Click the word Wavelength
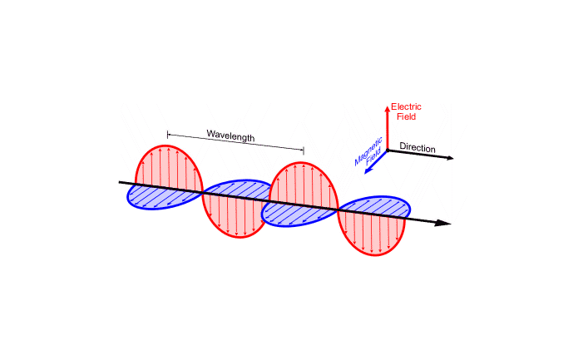tap(230, 136)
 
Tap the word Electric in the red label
tap(406, 107)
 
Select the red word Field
tap(406, 116)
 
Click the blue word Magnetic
tap(368, 151)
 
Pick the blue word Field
tap(373, 157)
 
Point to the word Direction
tap(418, 147)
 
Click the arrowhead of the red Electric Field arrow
tap(388, 109)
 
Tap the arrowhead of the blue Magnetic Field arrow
tap(368, 171)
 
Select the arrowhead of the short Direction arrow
tap(450, 158)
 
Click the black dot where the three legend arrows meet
tap(388, 150)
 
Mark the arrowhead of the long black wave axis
tap(443, 223)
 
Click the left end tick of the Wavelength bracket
tap(168, 134)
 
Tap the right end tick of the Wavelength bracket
tap(304, 150)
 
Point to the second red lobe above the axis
tap(304, 185)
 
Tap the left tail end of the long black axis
tap(120, 182)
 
